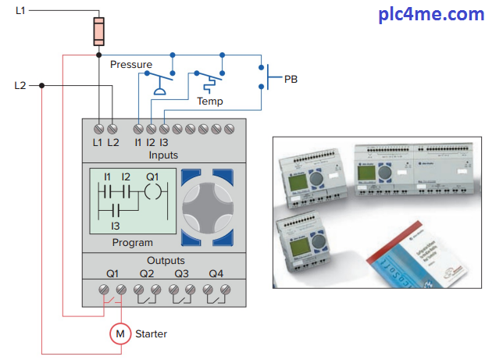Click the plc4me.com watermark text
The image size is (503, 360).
[x=442, y=14]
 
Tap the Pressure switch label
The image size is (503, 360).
[x=131, y=64]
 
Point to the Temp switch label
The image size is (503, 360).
[x=209, y=102]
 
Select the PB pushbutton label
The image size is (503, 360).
[x=291, y=79]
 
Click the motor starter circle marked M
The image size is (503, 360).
[x=120, y=333]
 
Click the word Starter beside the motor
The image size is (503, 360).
[x=152, y=333]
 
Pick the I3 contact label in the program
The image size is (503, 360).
[x=115, y=226]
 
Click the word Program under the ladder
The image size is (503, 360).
[x=132, y=243]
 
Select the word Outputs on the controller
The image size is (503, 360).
[x=166, y=260]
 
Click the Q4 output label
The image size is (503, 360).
[x=216, y=273]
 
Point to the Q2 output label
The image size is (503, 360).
[x=147, y=273]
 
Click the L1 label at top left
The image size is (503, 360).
[x=20, y=9]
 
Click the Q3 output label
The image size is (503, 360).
[x=181, y=273]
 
